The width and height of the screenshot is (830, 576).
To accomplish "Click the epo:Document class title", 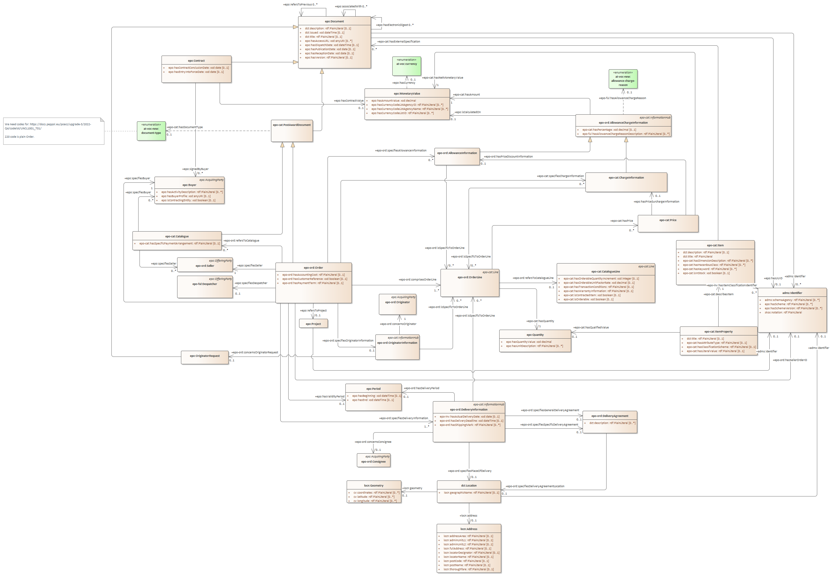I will (x=334, y=21).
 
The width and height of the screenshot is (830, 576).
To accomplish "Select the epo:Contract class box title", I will (x=196, y=61).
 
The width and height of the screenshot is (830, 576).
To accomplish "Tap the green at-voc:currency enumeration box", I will (x=406, y=66).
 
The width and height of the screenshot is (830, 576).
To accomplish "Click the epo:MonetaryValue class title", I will (x=407, y=94).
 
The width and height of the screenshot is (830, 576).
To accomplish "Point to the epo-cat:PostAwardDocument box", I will (x=292, y=130).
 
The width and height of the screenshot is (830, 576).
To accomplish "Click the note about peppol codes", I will (x=53, y=131).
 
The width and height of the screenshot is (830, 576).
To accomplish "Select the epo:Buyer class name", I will (x=189, y=185).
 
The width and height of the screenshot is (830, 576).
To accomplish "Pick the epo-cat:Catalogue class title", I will (x=177, y=236).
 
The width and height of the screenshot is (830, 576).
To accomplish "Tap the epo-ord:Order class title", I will (x=313, y=268).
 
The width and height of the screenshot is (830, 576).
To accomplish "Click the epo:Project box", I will (x=313, y=324).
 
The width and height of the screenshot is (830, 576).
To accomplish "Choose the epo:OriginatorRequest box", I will (x=204, y=356).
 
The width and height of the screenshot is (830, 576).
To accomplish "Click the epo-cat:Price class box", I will (x=668, y=223).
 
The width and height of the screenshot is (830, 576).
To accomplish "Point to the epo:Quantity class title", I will (x=535, y=335).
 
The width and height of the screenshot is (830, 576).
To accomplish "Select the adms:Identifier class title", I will (x=792, y=293).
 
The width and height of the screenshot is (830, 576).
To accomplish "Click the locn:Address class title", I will (x=469, y=529).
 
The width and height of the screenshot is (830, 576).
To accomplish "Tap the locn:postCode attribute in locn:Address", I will (x=466, y=561).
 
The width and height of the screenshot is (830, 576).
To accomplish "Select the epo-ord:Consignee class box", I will (x=373, y=460).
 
